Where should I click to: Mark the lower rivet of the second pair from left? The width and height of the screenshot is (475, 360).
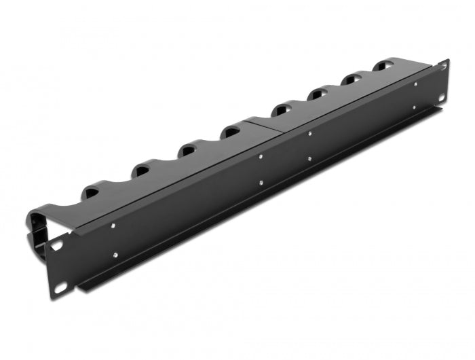(261, 182)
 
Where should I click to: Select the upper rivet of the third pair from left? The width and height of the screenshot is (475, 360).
(309, 132)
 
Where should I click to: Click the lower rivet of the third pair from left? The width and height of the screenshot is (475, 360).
(309, 159)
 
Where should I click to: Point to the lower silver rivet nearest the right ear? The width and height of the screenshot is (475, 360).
(416, 107)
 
